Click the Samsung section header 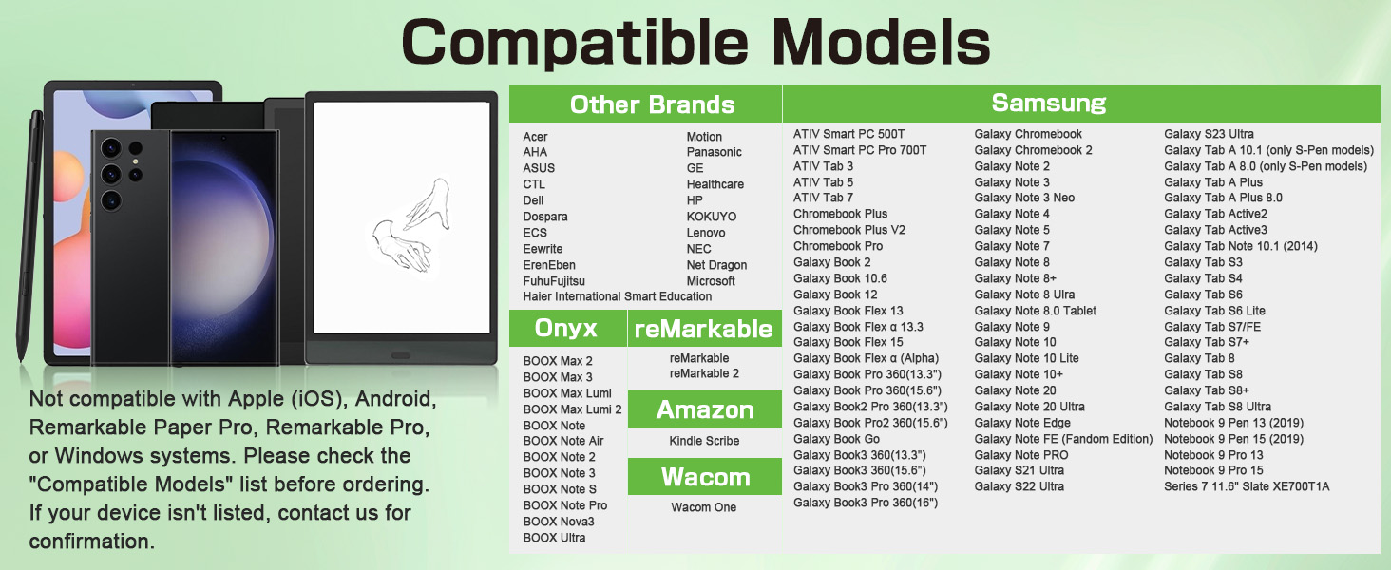(1048, 103)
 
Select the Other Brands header (652, 104)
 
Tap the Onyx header (565, 328)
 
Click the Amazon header (705, 409)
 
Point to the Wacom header (705, 477)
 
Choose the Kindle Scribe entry (704, 441)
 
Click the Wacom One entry (703, 507)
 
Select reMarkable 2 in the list (704, 373)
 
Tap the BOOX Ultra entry (554, 538)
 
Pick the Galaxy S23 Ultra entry (1209, 134)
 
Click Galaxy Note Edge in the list (1022, 423)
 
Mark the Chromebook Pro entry (838, 246)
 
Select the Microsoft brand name (711, 281)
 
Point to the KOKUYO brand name (711, 217)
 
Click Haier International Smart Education (618, 296)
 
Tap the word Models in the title (881, 42)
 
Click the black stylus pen (29, 235)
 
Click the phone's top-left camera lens (111, 148)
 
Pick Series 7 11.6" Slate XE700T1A (1247, 486)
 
